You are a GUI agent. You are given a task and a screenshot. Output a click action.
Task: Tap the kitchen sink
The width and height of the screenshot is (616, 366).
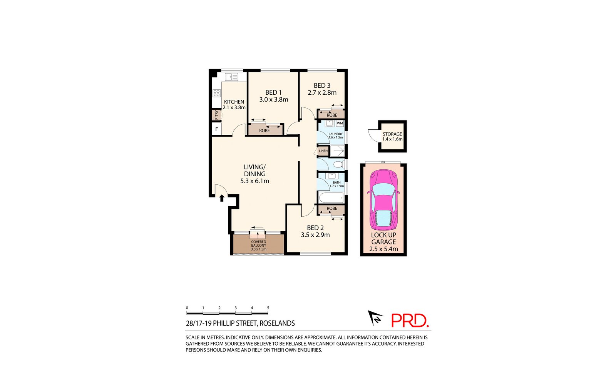(231, 77)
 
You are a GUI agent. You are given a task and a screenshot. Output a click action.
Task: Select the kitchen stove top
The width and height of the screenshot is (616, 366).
(216, 93)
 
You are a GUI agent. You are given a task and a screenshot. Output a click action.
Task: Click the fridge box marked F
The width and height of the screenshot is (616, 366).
(217, 129)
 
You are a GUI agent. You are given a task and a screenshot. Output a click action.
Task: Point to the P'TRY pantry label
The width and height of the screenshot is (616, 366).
(216, 115)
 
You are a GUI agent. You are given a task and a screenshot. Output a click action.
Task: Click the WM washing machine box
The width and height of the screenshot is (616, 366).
(340, 123)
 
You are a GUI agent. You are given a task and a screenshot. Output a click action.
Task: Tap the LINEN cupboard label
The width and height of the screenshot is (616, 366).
(323, 151)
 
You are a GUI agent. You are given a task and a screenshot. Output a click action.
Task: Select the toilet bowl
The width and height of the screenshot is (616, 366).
(338, 165)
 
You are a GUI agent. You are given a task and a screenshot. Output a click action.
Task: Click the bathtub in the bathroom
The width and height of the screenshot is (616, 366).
(331, 198)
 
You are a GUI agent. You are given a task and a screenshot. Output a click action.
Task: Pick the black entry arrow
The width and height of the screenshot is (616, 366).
(222, 198)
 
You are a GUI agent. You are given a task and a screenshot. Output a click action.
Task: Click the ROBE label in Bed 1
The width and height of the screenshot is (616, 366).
(264, 130)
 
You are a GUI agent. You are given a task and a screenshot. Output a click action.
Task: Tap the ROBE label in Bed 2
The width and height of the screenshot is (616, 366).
(332, 209)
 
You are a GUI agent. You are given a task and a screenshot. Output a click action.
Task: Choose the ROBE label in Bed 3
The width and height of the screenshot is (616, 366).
(332, 115)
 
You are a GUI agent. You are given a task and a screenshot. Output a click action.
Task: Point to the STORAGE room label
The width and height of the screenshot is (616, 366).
(392, 134)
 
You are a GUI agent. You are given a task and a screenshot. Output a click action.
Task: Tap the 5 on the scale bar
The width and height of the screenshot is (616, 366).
(268, 308)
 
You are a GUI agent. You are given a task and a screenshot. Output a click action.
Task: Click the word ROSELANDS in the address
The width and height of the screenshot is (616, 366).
(277, 324)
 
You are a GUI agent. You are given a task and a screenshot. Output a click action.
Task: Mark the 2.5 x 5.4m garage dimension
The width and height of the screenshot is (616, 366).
(383, 249)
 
